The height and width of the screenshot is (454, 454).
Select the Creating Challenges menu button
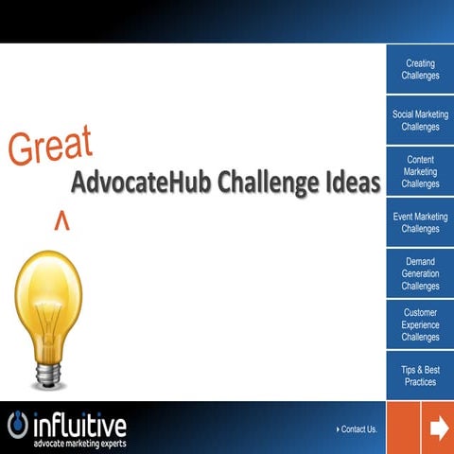pos(419,70)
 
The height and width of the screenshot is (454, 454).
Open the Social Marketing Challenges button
pos(419,121)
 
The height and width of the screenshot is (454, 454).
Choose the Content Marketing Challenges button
pos(419,172)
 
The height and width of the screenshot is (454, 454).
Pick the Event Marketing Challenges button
pos(419,223)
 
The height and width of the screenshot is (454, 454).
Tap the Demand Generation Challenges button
pos(419,274)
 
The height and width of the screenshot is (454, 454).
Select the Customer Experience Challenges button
pos(419,324)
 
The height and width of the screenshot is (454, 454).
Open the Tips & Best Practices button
pos(419,375)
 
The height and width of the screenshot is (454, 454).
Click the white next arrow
pos(439,428)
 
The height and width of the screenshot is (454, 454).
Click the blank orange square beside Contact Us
pos(404,428)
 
